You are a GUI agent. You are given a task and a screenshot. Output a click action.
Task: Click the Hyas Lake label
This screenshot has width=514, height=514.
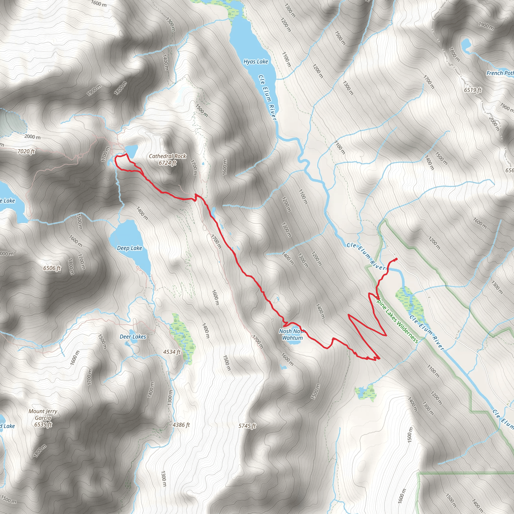[256, 62]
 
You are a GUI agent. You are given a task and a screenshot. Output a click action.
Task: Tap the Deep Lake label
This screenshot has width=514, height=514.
[130, 248]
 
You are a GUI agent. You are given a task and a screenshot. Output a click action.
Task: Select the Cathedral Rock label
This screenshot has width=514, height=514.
[167, 156]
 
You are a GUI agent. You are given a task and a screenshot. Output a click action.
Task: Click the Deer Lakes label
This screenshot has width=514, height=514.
[133, 337]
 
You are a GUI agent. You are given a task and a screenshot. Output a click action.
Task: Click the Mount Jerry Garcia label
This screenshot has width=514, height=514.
[43, 418]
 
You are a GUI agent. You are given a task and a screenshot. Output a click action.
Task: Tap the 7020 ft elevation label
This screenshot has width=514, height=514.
[26, 152]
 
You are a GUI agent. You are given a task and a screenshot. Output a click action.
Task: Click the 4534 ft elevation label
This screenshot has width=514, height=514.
[172, 352]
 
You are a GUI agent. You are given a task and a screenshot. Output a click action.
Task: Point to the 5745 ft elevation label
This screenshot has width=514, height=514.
[247, 426]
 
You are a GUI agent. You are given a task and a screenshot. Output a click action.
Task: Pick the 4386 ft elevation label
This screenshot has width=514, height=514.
[181, 425]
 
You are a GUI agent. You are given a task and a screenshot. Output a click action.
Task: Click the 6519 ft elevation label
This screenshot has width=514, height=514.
[473, 90]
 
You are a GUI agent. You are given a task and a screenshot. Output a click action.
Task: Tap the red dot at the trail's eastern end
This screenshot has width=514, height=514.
[396, 259]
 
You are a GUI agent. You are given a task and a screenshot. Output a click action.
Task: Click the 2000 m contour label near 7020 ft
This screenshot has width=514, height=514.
[32, 137]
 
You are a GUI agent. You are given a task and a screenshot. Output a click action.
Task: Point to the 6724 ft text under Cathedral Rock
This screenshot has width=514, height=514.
[167, 163]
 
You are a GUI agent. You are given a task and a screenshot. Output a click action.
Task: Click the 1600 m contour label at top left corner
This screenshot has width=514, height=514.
[99, 4]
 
